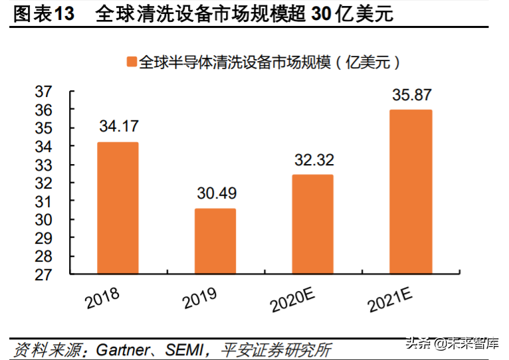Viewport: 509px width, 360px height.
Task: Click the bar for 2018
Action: point(118,207)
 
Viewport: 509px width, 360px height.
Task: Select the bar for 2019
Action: point(215,240)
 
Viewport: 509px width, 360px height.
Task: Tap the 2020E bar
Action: point(312,224)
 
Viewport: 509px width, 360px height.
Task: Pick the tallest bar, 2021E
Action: point(411,191)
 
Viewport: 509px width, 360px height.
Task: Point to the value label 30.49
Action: point(216,193)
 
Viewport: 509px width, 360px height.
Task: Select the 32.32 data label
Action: point(313,159)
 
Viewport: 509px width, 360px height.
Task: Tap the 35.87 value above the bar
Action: point(411,94)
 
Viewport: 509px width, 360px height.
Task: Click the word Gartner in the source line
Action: point(124,347)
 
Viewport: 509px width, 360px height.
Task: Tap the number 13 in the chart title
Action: point(62,13)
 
